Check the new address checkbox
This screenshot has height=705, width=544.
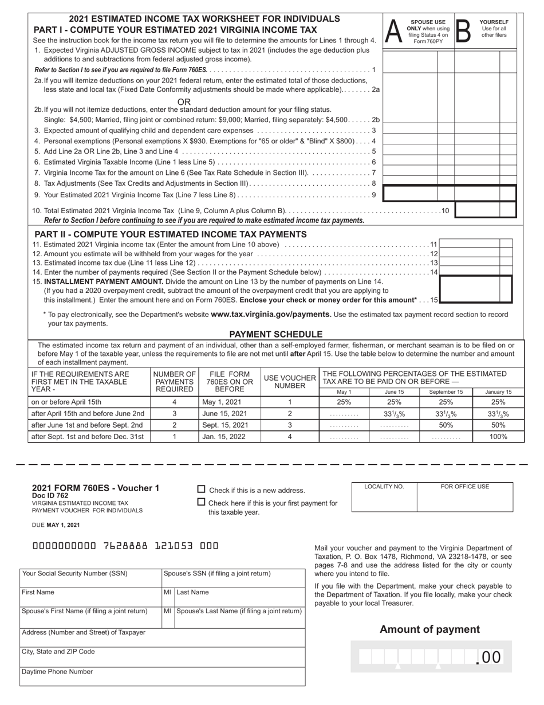[x=201, y=489]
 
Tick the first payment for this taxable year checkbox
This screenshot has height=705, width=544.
[x=201, y=502]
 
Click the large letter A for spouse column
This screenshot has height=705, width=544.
[x=393, y=30]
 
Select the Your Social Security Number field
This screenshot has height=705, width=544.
[x=91, y=578]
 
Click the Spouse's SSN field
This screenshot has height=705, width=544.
[x=234, y=578]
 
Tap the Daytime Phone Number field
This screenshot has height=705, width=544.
[x=162, y=676]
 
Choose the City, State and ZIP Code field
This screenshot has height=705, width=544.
[x=162, y=656]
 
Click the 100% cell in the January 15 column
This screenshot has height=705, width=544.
[x=498, y=436]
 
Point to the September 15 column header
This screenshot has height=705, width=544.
[x=446, y=391]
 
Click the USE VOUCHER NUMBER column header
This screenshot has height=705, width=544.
[x=290, y=382]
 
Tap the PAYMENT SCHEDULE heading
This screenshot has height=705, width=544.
[x=275, y=334]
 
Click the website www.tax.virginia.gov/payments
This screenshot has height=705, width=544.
[x=271, y=314]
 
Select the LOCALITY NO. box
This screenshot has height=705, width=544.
[x=384, y=497]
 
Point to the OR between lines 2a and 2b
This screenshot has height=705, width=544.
[x=184, y=101]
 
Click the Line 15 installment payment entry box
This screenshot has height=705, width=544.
[x=475, y=289]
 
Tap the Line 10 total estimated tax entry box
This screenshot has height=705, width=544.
[x=485, y=210]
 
